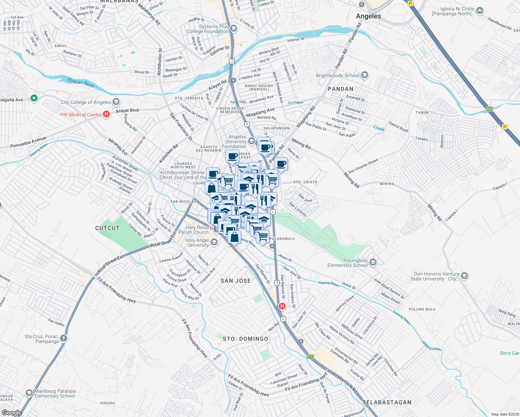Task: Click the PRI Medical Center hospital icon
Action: (x=107, y=114)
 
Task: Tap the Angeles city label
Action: (x=368, y=16)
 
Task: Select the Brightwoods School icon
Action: (x=365, y=75)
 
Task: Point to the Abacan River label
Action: (x=81, y=82)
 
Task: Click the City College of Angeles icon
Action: (x=116, y=102)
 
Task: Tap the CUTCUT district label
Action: (x=107, y=228)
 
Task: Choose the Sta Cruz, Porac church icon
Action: (x=63, y=338)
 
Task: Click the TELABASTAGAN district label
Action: (x=387, y=402)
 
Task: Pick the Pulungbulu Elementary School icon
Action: (x=373, y=262)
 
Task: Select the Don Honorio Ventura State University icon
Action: (x=464, y=276)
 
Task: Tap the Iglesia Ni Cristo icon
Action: (x=480, y=11)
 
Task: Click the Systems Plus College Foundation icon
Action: (x=234, y=28)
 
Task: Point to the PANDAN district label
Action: (x=340, y=89)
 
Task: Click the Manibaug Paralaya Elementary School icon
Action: (x=29, y=393)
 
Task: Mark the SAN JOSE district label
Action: (x=236, y=281)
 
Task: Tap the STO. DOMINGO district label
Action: (x=245, y=339)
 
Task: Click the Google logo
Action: (x=11, y=413)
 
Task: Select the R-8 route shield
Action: (x=489, y=109)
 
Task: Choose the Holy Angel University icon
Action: (x=214, y=242)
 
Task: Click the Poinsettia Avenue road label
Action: (x=28, y=142)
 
